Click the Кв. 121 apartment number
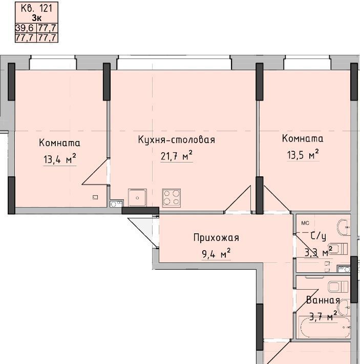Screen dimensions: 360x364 [37, 9]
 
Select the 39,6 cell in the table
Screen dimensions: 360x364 [25, 28]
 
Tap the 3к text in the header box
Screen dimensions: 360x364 [37, 18]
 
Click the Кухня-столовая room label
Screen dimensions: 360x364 [176, 140]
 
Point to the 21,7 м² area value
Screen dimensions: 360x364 [177, 155]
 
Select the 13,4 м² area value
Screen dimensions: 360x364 [60, 159]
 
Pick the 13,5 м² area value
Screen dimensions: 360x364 [303, 154]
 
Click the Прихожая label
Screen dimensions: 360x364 [216, 238]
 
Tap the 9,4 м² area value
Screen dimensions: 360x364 [216, 254]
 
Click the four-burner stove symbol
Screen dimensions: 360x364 [172, 198]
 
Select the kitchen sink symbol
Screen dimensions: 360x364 [137, 197]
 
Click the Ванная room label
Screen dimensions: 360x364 [323, 300]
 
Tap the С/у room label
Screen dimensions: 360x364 [319, 236]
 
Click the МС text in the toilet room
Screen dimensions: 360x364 [305, 224]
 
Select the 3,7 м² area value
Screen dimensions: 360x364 [323, 316]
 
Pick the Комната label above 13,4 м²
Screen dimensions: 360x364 [59, 143]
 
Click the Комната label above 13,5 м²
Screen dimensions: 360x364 [303, 138]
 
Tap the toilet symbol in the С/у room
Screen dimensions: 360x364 [338, 249]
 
